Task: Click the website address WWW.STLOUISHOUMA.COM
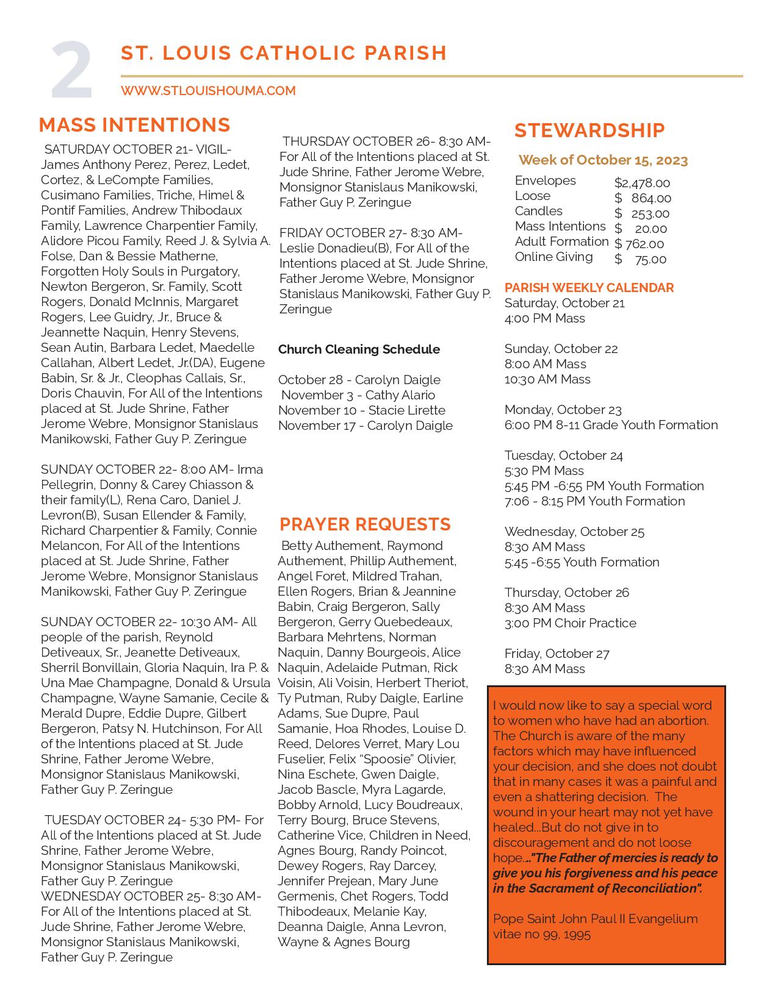[x=208, y=91]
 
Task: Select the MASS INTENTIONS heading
[x=134, y=125]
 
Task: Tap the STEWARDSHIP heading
[x=589, y=130]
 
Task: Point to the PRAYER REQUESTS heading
[x=365, y=524]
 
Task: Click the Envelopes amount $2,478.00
[x=642, y=183]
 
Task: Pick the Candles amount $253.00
[x=642, y=213]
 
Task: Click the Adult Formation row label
[x=561, y=241]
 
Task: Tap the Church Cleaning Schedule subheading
[x=359, y=349]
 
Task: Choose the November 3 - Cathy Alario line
[x=358, y=395]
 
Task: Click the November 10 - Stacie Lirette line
[x=362, y=410]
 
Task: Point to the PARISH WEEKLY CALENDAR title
[x=589, y=288]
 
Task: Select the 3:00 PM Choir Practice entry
[x=570, y=623]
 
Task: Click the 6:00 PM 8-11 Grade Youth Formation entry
[x=611, y=425]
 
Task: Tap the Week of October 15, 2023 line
[x=603, y=160]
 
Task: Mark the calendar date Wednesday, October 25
[x=574, y=532]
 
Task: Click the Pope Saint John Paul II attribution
[x=595, y=926]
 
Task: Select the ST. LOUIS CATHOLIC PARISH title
[x=284, y=53]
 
